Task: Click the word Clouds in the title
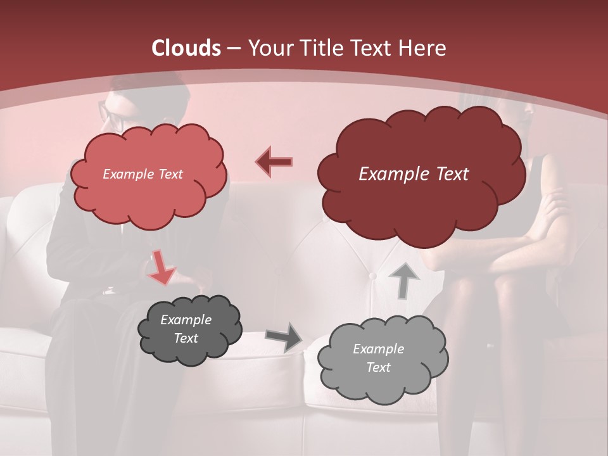tap(186, 48)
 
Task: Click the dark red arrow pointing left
tap(274, 162)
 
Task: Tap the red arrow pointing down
tap(161, 268)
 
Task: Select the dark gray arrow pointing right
tap(284, 337)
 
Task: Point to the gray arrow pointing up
tap(403, 280)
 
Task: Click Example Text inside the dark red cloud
tap(414, 174)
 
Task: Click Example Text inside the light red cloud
tap(142, 174)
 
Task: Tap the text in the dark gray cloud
tap(186, 329)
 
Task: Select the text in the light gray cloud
tap(378, 358)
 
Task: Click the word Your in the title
tap(269, 48)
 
